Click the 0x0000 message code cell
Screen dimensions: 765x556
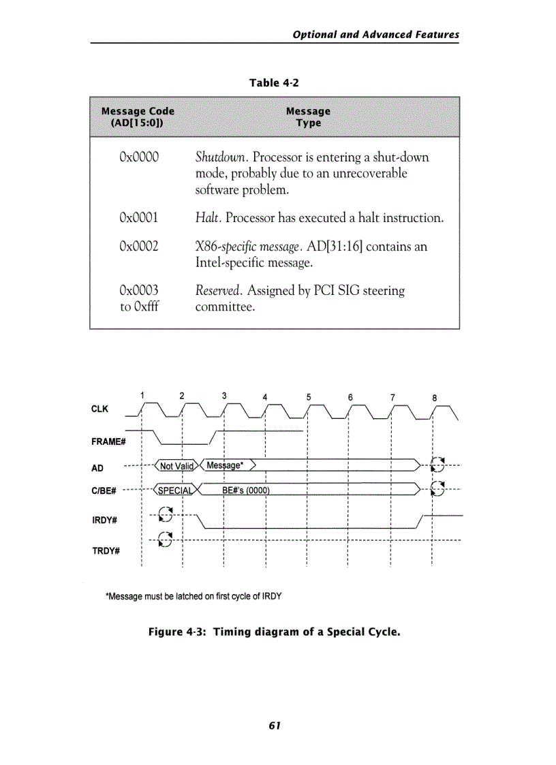pos(138,157)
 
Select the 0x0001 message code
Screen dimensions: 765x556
pos(138,218)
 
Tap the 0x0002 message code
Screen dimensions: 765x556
pos(138,246)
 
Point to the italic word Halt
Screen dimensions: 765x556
pos(207,218)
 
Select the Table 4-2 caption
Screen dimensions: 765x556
pos(274,83)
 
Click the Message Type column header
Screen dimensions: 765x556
pos(308,116)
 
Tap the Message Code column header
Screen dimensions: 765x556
pos(138,116)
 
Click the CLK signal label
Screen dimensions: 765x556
pos(99,409)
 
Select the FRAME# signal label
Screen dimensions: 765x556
pos(108,441)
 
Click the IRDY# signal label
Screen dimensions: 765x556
pos(105,520)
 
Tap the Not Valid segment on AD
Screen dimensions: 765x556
pos(176,466)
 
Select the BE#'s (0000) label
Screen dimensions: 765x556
pos(246,490)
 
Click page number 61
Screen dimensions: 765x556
pos(275,725)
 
